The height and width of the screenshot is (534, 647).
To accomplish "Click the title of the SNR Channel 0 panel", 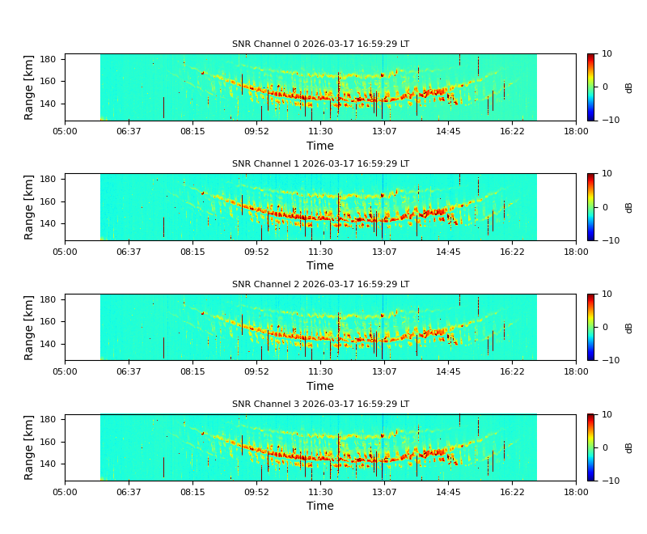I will [x=320, y=44].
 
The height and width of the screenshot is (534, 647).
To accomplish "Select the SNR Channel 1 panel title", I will [x=320, y=164].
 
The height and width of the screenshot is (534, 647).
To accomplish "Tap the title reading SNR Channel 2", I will [x=320, y=285].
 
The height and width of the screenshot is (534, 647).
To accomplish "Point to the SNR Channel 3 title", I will [x=320, y=405].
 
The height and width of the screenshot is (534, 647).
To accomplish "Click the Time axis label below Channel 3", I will [x=320, y=506].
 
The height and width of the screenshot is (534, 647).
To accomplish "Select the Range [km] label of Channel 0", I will [x=30, y=87].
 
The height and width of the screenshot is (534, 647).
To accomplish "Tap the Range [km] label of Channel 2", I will [x=30, y=327].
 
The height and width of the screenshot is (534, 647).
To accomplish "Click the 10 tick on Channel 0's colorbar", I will [x=606, y=54].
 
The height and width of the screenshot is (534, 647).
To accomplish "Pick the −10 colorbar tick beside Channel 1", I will [x=608, y=240].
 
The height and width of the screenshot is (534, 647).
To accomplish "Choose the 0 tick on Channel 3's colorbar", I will [x=603, y=447].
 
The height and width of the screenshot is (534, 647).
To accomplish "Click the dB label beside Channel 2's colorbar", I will [x=628, y=327].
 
